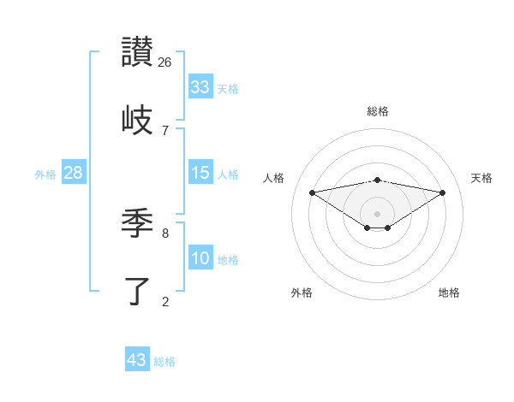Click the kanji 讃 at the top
(137, 53)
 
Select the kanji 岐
(137, 120)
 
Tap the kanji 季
(137, 224)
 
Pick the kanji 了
(137, 291)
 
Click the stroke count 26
(165, 62)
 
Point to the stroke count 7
(165, 130)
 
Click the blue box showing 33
(200, 87)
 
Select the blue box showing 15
(200, 173)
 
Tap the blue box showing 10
(200, 258)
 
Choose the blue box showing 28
(74, 173)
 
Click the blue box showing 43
(137, 360)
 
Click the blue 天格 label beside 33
(228, 89)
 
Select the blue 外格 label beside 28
(45, 174)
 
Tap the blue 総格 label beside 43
(164, 362)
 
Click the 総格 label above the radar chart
(377, 111)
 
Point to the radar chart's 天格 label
(482, 178)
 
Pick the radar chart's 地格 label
(449, 293)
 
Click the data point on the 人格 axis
(312, 192)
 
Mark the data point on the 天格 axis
(442, 192)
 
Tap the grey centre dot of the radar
(377, 213)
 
